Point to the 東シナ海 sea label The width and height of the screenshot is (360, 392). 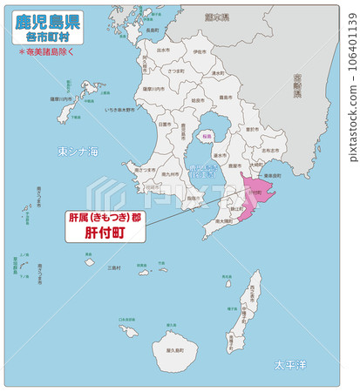[x=78, y=152]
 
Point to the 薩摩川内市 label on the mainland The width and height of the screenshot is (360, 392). [x=153, y=90]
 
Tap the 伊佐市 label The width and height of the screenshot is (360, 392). [x=200, y=52]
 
